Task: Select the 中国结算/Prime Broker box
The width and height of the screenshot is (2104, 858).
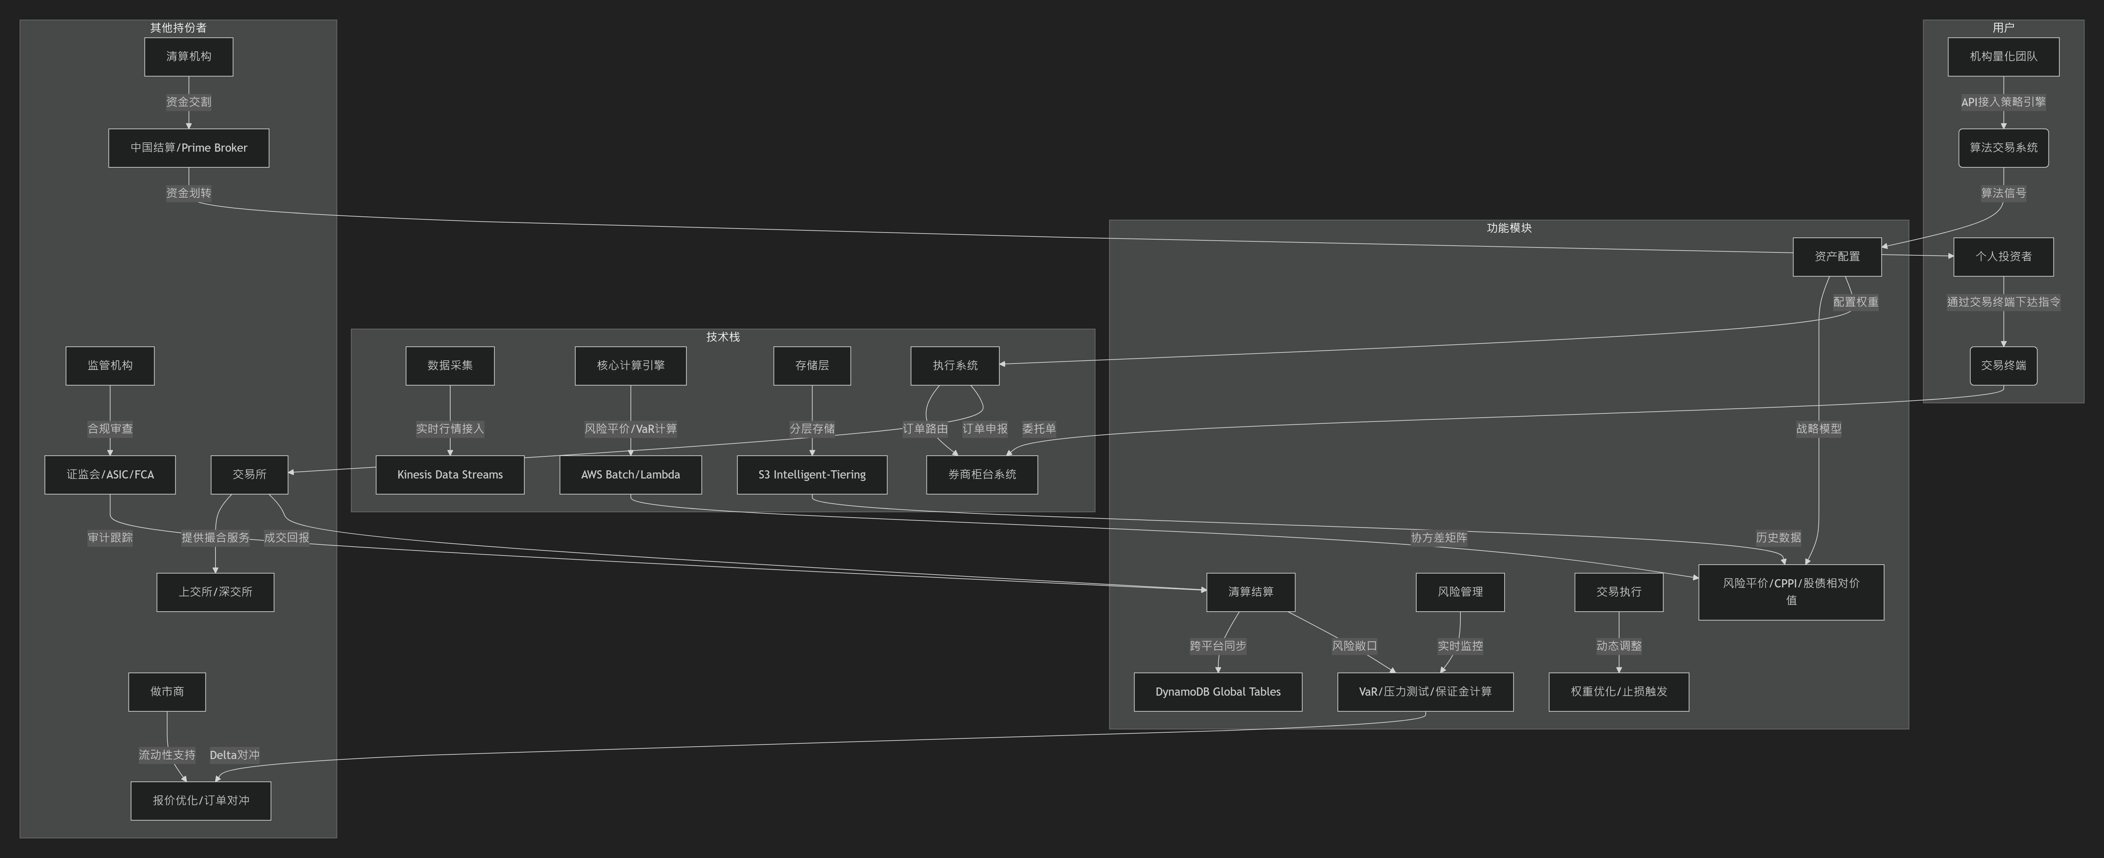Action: click(x=189, y=148)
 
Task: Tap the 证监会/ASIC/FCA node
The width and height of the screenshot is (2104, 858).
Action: click(x=110, y=474)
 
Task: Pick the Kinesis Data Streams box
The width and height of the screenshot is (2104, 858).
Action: click(x=450, y=474)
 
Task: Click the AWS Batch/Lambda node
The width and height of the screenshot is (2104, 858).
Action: click(x=630, y=474)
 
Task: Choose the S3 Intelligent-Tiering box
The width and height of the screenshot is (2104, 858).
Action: click(x=812, y=474)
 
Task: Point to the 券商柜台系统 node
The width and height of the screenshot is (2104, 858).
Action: click(x=982, y=474)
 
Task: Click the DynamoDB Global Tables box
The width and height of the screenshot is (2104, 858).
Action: click(x=1218, y=691)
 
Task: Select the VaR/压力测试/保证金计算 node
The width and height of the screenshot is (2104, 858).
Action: click(x=1425, y=691)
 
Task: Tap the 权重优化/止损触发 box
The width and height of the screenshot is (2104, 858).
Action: click(x=1619, y=691)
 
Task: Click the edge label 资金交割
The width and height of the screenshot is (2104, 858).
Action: click(x=189, y=102)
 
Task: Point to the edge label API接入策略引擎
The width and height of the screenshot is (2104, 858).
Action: click(x=2004, y=102)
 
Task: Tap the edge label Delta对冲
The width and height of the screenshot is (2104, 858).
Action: click(x=234, y=755)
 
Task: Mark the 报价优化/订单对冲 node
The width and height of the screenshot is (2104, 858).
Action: click(x=201, y=801)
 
